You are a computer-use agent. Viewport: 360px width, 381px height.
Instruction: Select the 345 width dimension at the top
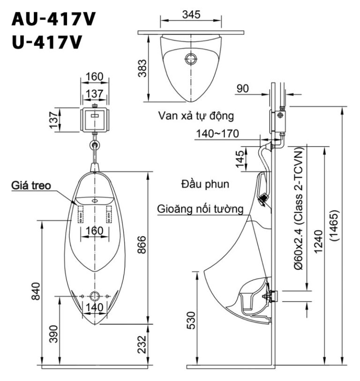[191, 15]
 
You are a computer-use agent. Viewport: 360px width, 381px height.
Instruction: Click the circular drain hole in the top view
[191, 59]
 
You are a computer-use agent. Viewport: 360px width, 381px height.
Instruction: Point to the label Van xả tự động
[195, 115]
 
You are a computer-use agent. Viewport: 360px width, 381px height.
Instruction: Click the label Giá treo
[31, 186]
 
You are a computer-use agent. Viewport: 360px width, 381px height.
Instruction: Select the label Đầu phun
[205, 184]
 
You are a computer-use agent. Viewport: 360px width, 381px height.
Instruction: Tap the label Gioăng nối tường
[201, 209]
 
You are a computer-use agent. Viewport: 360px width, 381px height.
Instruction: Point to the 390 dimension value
[53, 333]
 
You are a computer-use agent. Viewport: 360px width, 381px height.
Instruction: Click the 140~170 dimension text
[217, 134]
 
